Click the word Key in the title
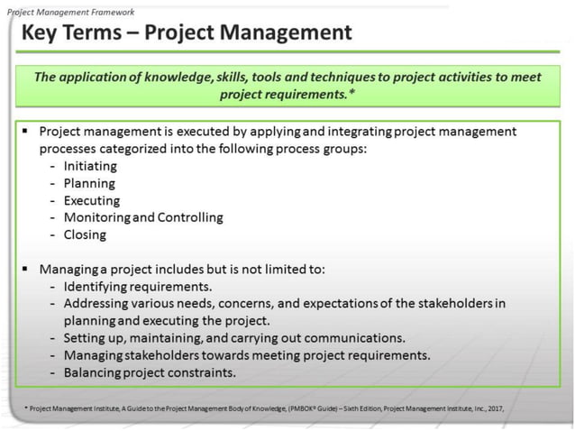coord(42,33)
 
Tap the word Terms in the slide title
coord(99,33)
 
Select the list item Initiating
coord(90,166)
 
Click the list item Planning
coord(89,183)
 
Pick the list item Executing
coord(92,200)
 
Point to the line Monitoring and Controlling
coord(143,217)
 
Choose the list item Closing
coord(85,234)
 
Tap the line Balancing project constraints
coord(149,371)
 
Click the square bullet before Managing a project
coord(25,268)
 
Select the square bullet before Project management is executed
coord(25,131)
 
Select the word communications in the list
coord(358,337)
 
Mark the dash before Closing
coord(55,234)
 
